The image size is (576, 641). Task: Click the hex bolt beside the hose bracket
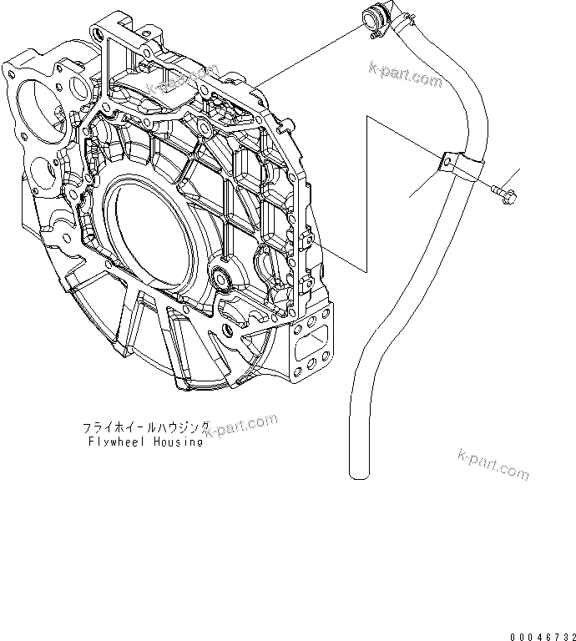pyautogui.click(x=504, y=194)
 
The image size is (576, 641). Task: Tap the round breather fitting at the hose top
pyautogui.click(x=373, y=18)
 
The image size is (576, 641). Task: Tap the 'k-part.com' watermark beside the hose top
pyautogui.click(x=407, y=75)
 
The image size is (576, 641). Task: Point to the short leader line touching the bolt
pyautogui.click(x=511, y=177)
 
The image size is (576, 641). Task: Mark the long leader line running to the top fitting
pyautogui.click(x=309, y=50)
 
